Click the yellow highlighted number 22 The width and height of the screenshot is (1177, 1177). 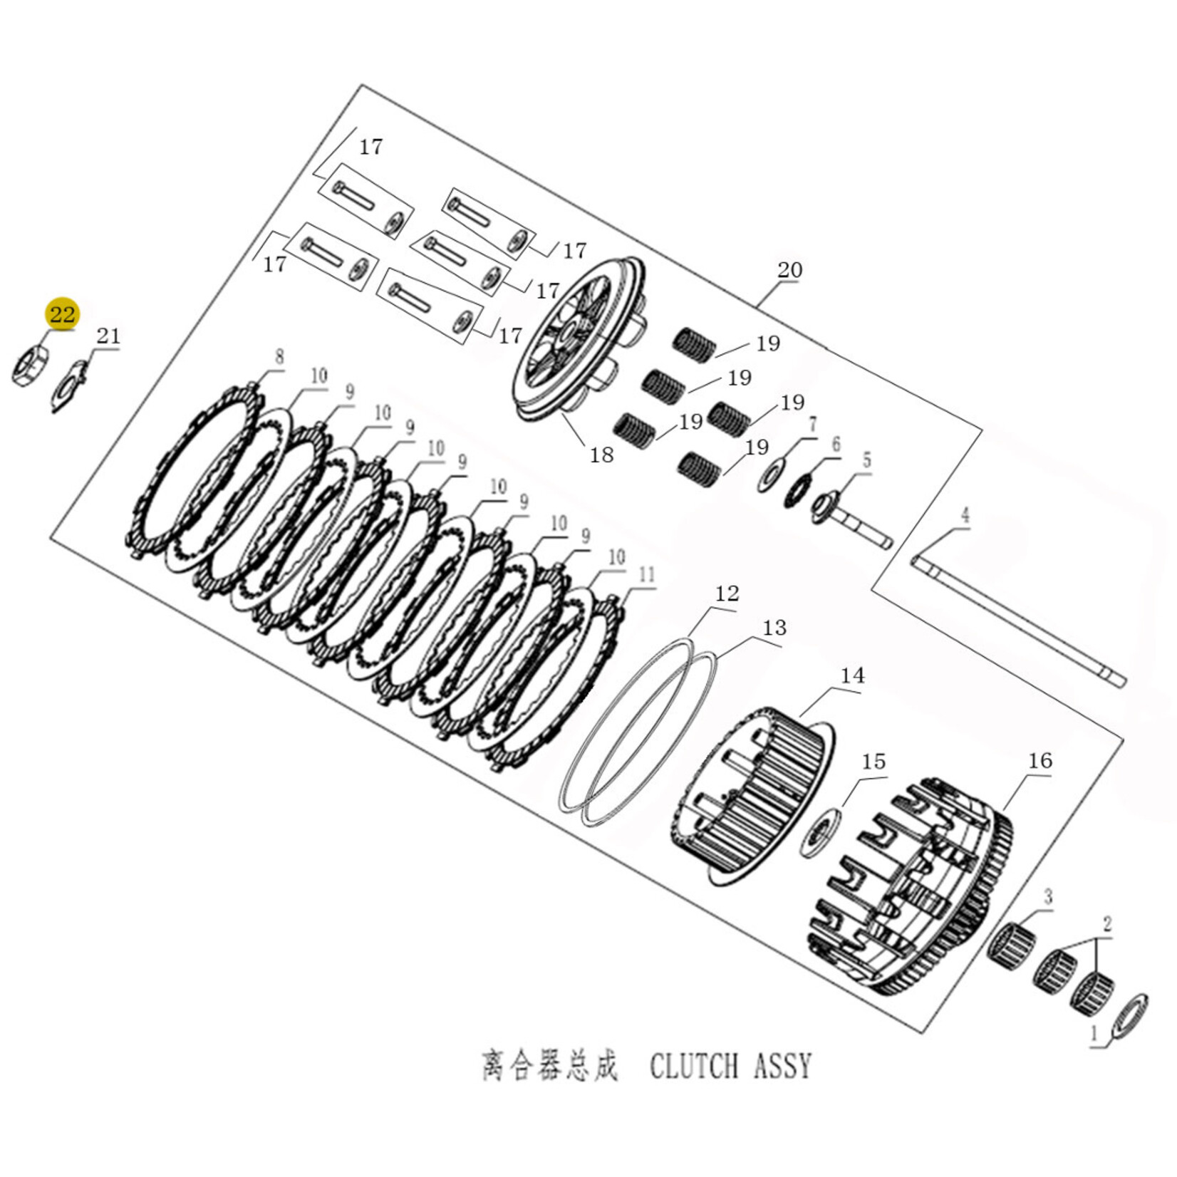pos(62,314)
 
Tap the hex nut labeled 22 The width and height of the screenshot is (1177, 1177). pos(30,365)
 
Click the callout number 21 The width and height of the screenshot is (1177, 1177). pos(108,336)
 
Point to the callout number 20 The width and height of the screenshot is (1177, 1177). pos(789,270)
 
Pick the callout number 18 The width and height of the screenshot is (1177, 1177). pos(601,455)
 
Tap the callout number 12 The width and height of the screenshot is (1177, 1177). pos(727,593)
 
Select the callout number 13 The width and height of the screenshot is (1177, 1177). pos(774,628)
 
